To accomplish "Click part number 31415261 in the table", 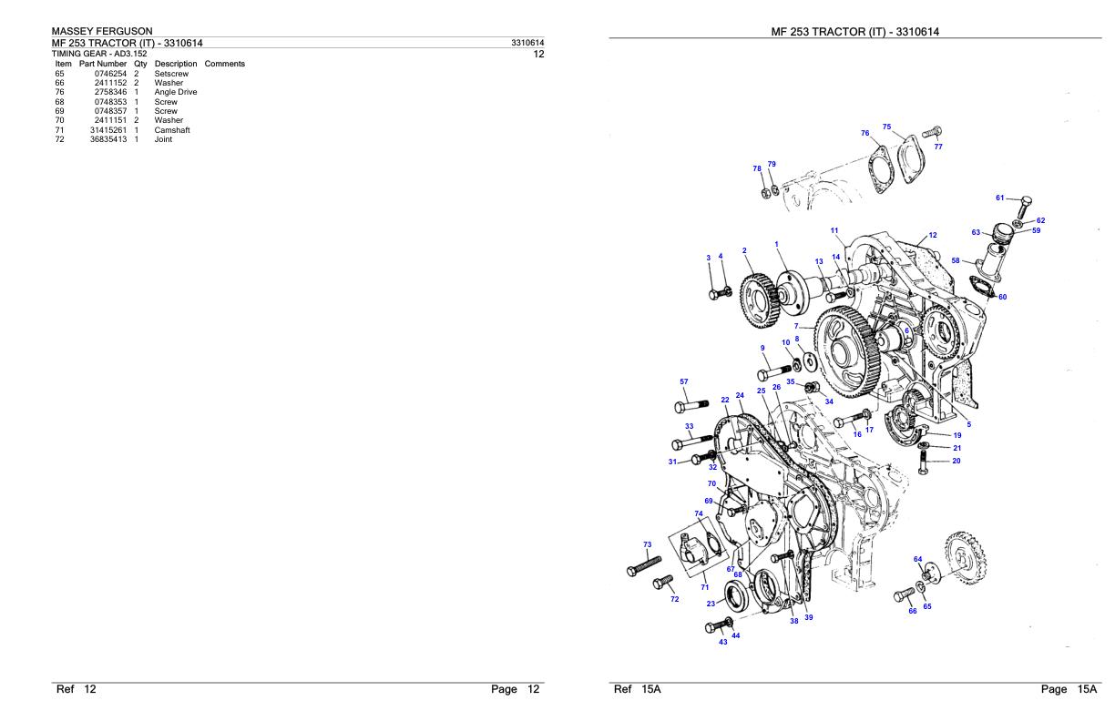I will (108, 130).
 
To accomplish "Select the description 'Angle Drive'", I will (176, 92).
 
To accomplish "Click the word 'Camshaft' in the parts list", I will (172, 130).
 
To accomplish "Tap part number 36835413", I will (108, 139).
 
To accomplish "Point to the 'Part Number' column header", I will (103, 64).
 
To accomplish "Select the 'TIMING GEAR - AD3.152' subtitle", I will (99, 54).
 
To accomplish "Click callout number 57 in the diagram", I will (684, 381).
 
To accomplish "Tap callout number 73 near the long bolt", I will (648, 544).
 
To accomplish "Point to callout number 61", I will (999, 198).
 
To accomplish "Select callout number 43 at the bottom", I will (722, 642).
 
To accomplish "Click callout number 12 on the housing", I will (932, 235).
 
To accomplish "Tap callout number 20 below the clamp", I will (956, 461).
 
